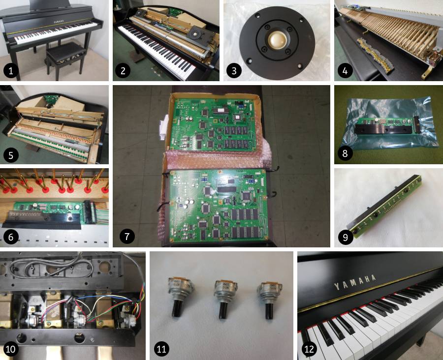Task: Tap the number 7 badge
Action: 127,237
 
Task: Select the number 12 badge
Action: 309,349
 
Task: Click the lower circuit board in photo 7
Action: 217,207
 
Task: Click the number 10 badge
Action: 12,349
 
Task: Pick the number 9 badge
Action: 346,237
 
